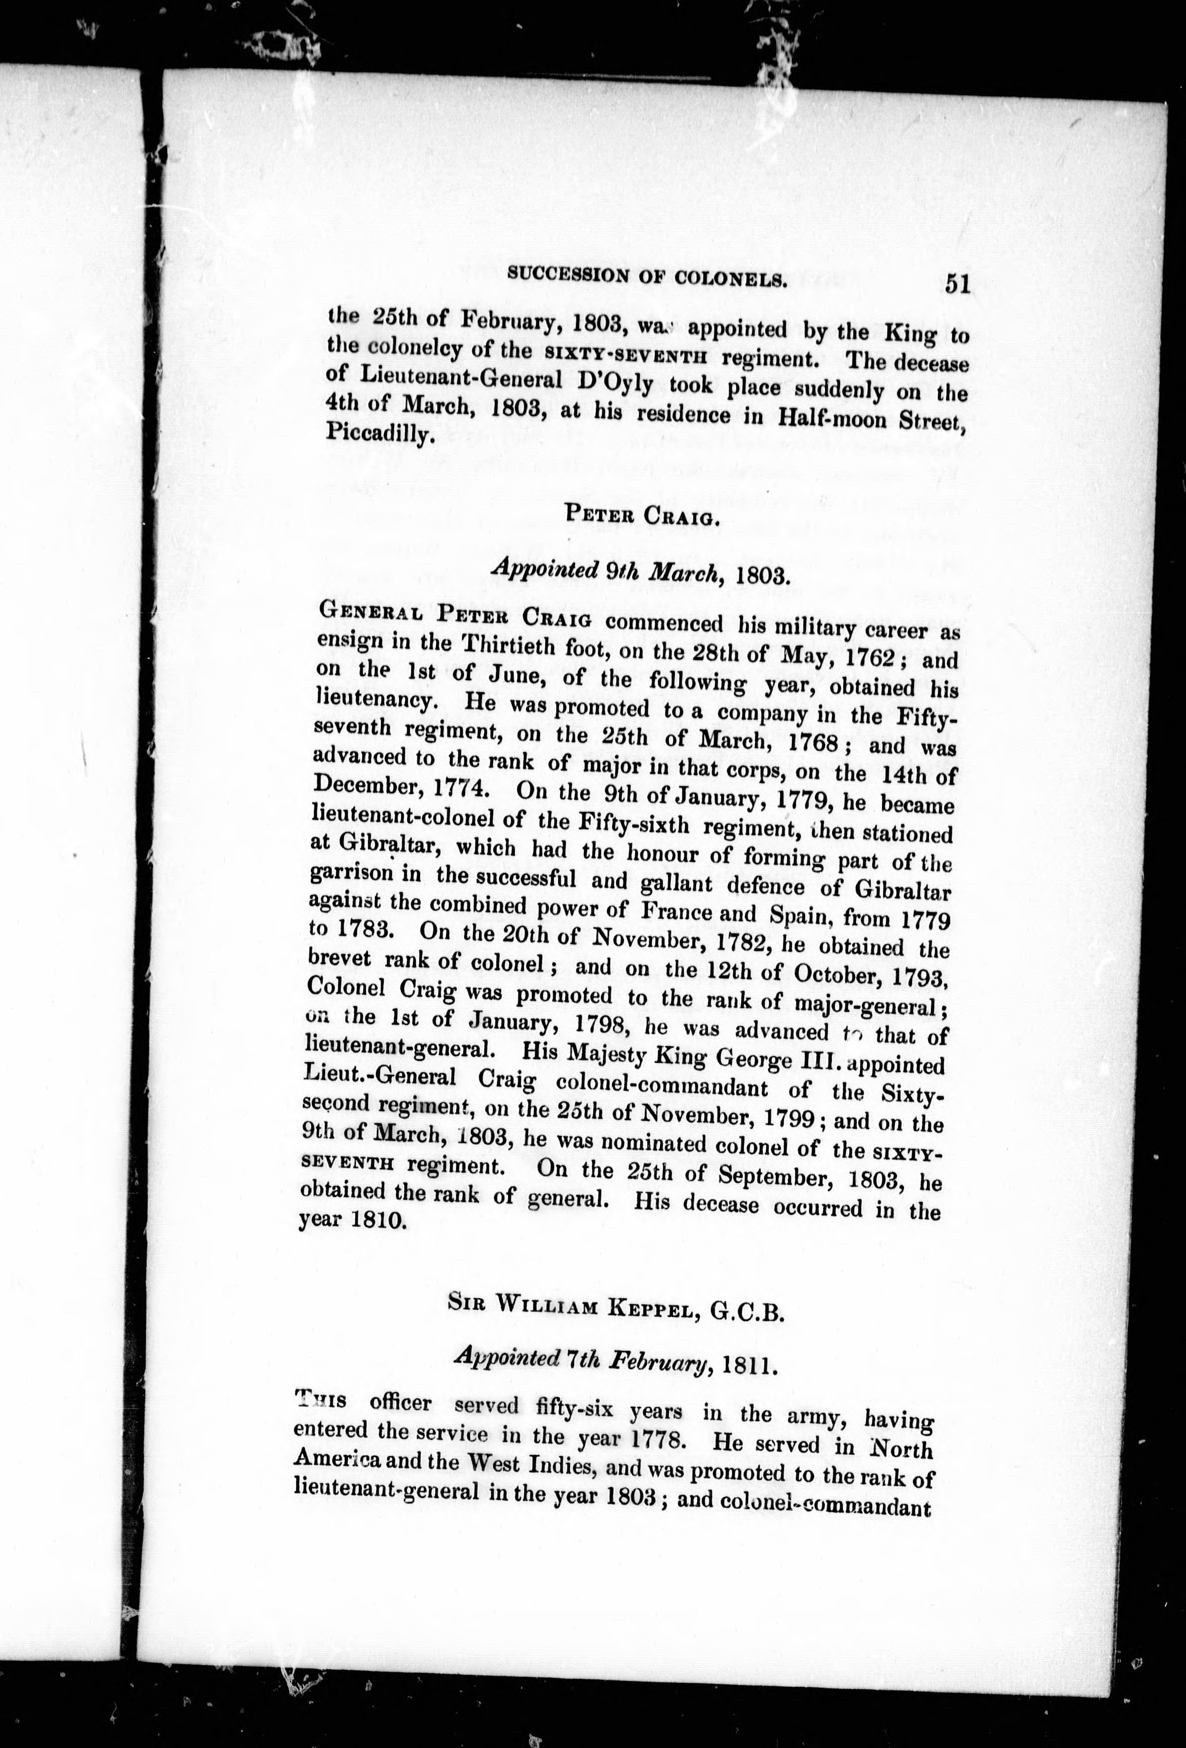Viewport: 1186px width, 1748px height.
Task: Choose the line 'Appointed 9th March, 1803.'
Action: click(x=639, y=575)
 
